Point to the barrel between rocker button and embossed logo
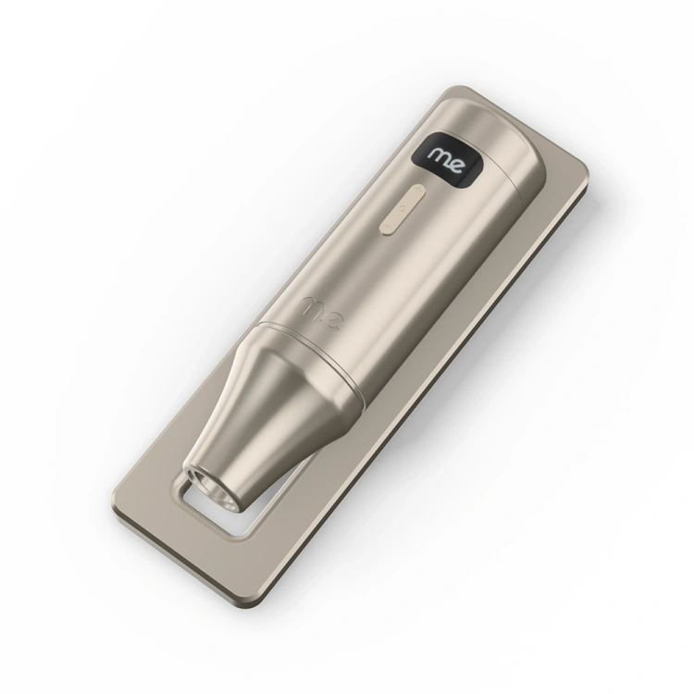(x=356, y=264)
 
